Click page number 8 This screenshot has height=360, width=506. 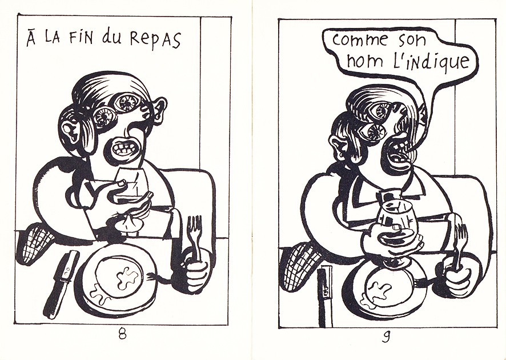click(x=122, y=334)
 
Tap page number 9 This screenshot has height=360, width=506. click(x=385, y=337)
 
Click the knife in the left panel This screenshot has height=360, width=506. click(x=61, y=284)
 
